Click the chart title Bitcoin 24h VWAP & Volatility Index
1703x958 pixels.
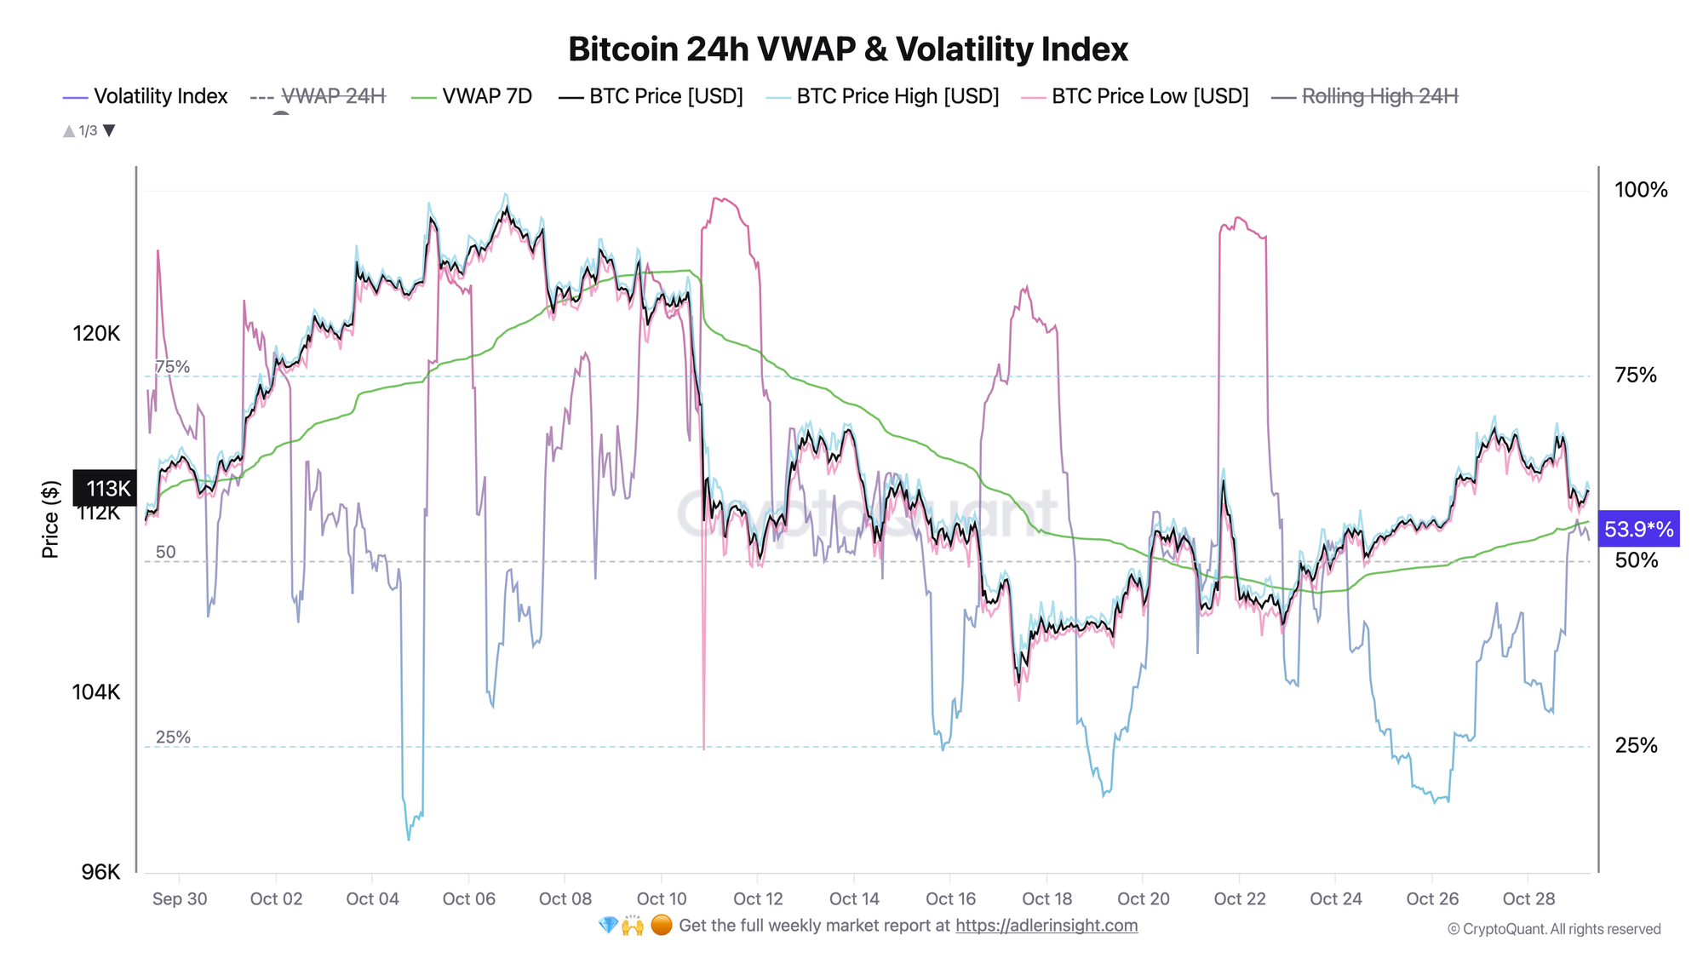coord(847,49)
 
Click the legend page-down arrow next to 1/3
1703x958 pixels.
coord(109,130)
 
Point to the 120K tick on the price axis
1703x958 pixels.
coord(96,333)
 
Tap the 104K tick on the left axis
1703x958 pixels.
coord(96,691)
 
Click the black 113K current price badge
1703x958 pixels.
coord(106,488)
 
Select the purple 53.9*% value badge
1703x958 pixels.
coord(1638,530)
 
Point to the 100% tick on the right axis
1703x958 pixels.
coord(1641,190)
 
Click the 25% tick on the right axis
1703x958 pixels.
coord(1636,746)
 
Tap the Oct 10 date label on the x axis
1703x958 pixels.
coord(662,899)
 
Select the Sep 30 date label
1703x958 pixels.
coord(180,899)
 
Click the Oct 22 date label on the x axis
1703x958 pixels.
coord(1239,899)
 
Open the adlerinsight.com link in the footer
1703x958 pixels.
coord(1046,926)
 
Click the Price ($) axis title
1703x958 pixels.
coord(50,519)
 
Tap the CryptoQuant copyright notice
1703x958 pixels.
coord(1554,929)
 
